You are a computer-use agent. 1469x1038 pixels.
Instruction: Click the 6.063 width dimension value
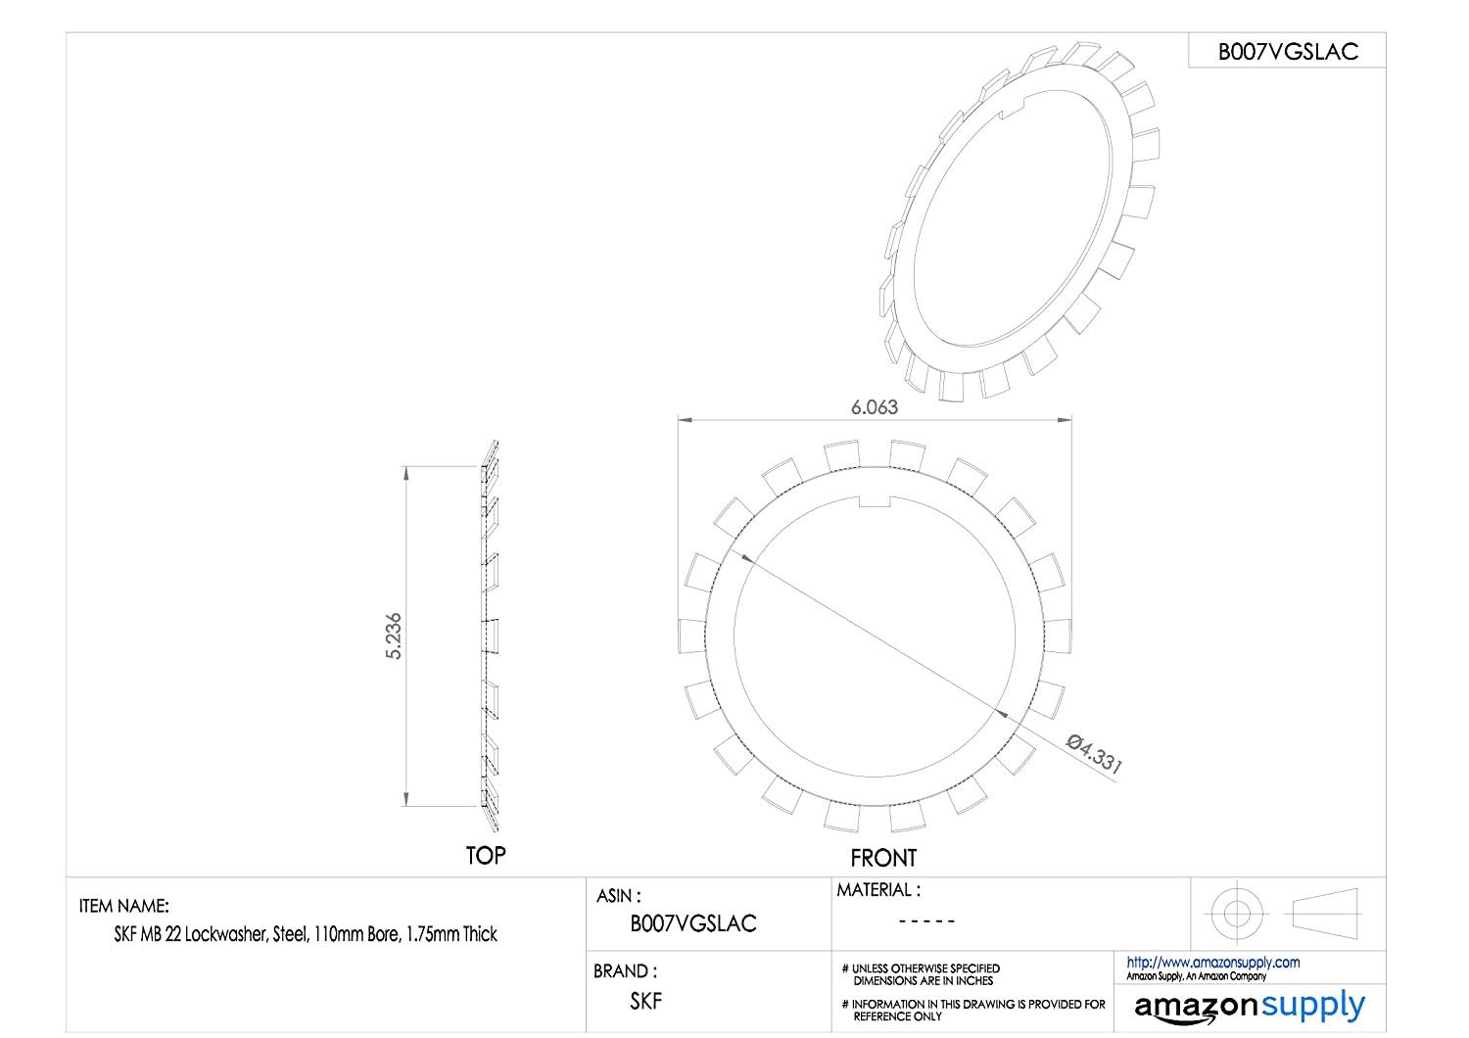click(875, 407)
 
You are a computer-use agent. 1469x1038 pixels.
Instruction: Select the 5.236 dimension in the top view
click(394, 636)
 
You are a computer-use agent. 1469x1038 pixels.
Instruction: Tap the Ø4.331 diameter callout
click(1094, 753)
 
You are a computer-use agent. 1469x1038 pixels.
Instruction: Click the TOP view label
click(486, 856)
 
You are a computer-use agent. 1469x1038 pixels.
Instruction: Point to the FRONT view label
click(883, 858)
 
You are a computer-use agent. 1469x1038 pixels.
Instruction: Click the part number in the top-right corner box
click(1288, 52)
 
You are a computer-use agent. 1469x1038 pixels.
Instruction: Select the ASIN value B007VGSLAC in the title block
click(693, 923)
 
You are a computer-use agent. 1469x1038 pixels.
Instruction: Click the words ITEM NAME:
click(124, 906)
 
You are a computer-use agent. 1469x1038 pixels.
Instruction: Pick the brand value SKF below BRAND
click(646, 1001)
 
